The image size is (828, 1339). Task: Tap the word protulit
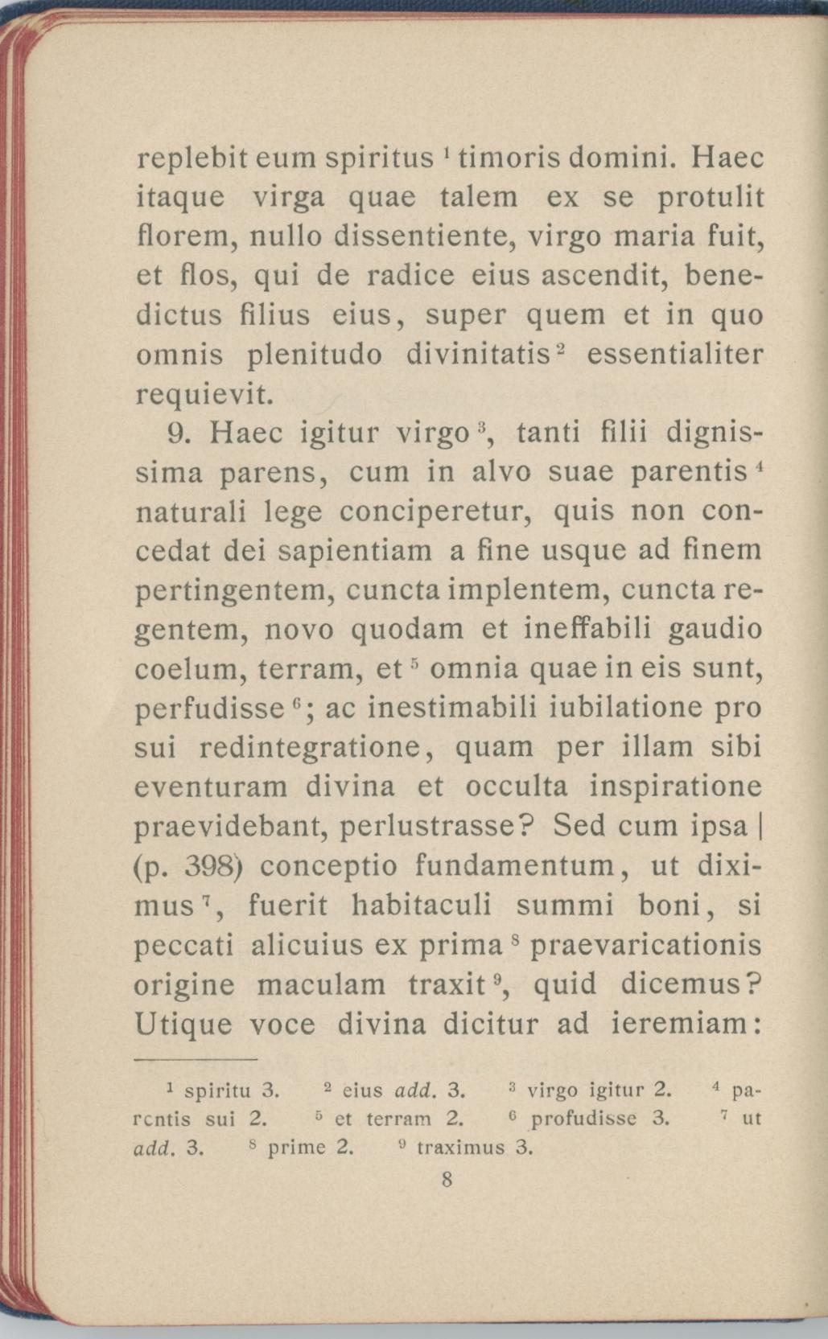pos(710,198)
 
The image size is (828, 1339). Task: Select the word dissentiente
pos(417,236)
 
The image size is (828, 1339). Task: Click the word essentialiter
pos(674,355)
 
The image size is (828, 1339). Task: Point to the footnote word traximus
pos(465,1148)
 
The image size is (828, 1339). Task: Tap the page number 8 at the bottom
pos(447,1180)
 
